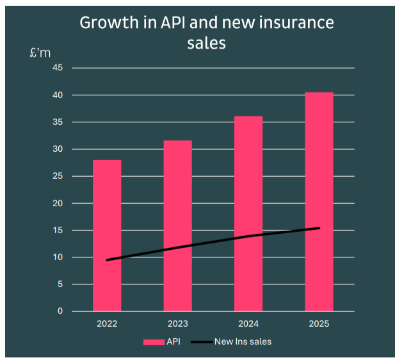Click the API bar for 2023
(x=177, y=192)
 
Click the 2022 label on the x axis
(x=107, y=324)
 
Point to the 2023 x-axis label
(x=177, y=324)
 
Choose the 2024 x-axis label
(x=248, y=324)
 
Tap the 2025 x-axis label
(x=319, y=324)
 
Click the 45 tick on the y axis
(x=58, y=68)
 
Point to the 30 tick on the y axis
(x=58, y=149)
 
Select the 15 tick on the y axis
(x=58, y=231)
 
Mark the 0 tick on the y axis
(x=61, y=312)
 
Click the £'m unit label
(x=40, y=53)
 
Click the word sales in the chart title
(x=206, y=43)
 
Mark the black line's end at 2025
(x=319, y=228)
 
